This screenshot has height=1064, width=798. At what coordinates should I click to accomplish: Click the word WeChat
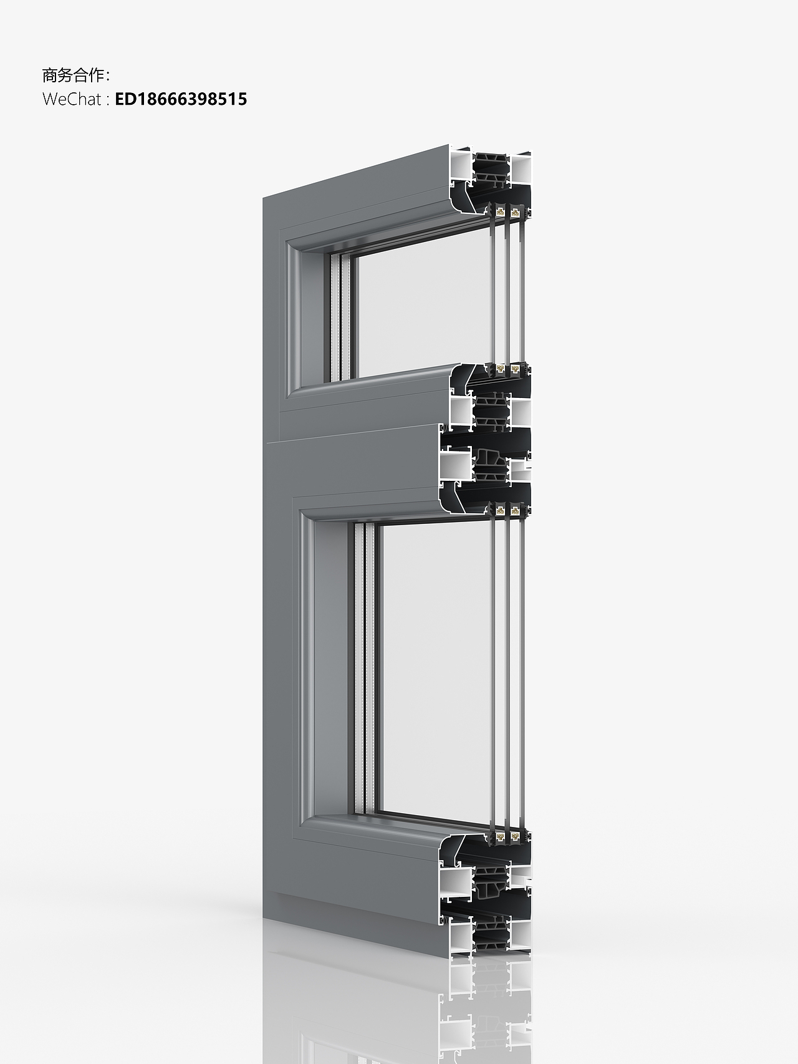(72, 99)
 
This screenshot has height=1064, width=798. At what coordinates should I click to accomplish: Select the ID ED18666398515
(181, 99)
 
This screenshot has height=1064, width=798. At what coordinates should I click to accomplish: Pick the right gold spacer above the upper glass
(515, 211)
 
